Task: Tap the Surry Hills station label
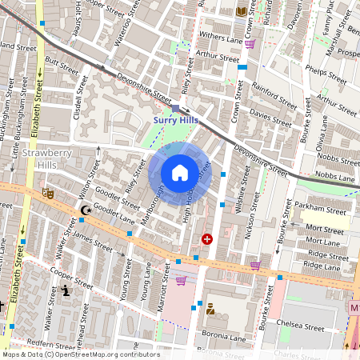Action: pyautogui.click(x=174, y=120)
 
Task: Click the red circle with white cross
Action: pyautogui.click(x=207, y=238)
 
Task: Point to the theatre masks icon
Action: pyautogui.click(x=48, y=193)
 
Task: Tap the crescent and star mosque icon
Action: pyautogui.click(x=85, y=211)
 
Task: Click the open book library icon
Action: pyautogui.click(x=242, y=11)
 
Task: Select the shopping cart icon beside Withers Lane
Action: pyautogui.click(x=250, y=44)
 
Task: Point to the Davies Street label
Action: pyautogui.click(x=271, y=114)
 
